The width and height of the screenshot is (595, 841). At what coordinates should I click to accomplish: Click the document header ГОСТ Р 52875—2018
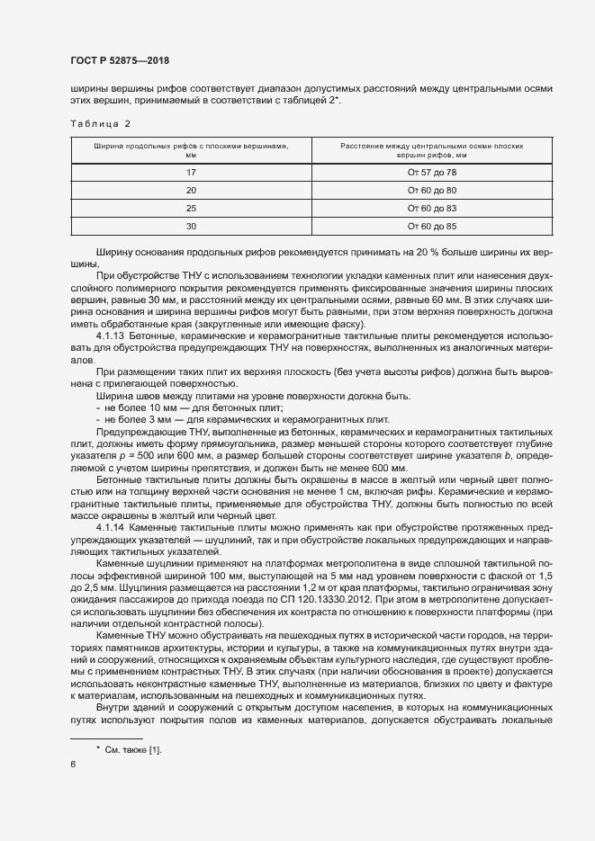119,60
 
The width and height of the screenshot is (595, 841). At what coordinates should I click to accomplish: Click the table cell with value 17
191,171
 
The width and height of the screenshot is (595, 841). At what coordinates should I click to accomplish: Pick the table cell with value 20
191,190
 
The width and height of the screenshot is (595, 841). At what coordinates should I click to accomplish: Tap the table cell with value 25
191,208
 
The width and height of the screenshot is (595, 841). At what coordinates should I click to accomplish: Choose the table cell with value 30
191,226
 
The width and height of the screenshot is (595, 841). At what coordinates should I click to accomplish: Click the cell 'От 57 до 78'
432,171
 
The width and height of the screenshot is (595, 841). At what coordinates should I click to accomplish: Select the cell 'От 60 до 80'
432,190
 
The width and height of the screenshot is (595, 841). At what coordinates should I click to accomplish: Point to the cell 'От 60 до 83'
432,208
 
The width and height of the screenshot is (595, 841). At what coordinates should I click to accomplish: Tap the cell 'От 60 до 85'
432,226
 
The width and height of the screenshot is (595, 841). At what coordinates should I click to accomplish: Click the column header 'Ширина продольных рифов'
191,149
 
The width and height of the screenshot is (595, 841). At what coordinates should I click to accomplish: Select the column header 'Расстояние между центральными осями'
432,149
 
